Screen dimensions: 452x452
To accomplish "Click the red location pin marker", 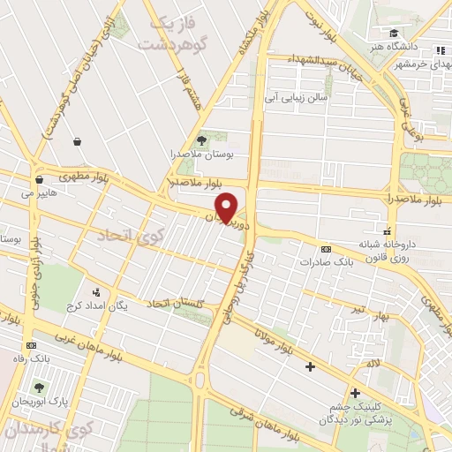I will (x=227, y=207).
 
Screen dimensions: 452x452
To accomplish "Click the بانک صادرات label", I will (x=320, y=262).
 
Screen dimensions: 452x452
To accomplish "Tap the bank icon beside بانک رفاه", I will (x=32, y=345).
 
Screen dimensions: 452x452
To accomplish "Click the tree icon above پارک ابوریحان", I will (x=39, y=387).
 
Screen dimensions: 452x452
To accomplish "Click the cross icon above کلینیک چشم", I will (x=355, y=393).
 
